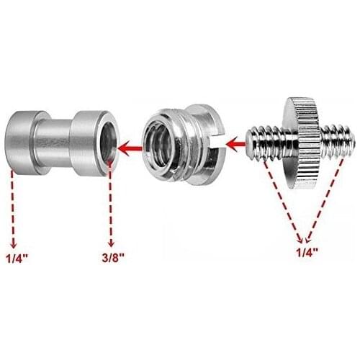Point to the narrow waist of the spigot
pyautogui.click(x=54, y=137)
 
